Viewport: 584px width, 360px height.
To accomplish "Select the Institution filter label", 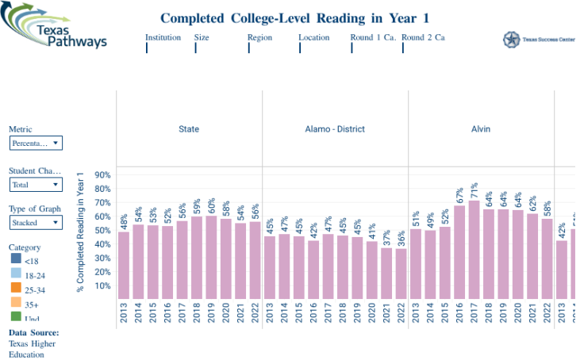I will [x=163, y=37].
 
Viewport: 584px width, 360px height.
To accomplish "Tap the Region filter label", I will [x=259, y=37].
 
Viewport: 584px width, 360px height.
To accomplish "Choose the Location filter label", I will [x=313, y=37].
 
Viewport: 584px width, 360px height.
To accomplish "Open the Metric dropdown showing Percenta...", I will [x=36, y=144].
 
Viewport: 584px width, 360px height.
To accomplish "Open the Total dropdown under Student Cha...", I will [x=36, y=185].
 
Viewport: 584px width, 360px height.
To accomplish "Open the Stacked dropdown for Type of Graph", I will [x=36, y=223].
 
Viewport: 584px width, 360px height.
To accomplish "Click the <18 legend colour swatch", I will [x=16, y=259].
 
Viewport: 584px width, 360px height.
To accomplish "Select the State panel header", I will [x=189, y=128].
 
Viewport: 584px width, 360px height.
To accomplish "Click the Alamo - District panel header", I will [x=335, y=128].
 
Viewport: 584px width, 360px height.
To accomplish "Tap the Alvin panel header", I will [x=481, y=128].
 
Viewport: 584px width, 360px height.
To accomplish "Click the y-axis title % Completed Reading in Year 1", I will [x=80, y=231].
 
